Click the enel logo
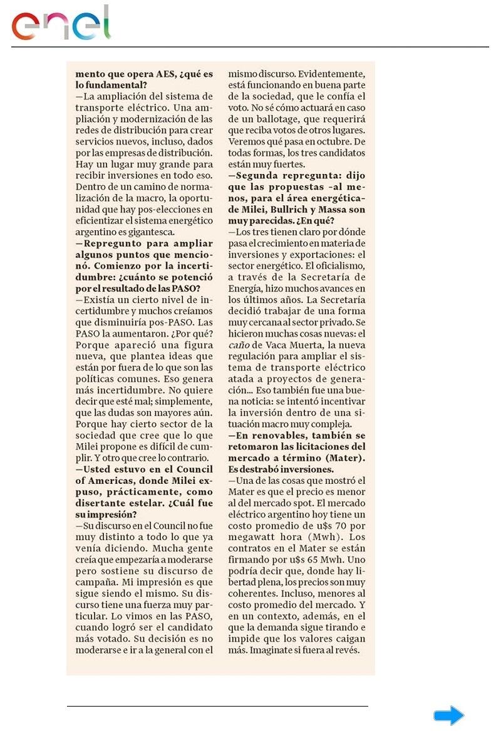[61, 23]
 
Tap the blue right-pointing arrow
[448, 716]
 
